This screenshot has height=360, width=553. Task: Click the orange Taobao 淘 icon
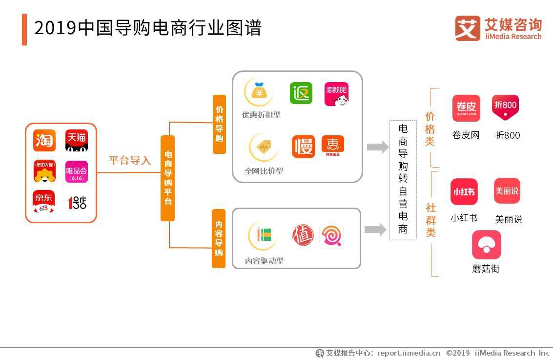point(44,140)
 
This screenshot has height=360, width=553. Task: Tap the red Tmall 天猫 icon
point(77,140)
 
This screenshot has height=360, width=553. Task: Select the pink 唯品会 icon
point(77,171)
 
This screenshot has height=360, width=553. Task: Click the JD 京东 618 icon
point(44,202)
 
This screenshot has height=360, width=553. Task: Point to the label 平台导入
point(129,161)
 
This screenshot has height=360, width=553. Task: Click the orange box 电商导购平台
point(167,178)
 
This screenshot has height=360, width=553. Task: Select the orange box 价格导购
point(219,124)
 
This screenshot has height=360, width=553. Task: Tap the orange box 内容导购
point(219,238)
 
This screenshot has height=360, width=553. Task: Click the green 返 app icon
point(301,93)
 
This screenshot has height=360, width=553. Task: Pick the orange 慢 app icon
point(304,147)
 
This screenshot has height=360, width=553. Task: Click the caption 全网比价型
point(264,171)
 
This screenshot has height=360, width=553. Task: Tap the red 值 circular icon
point(303,235)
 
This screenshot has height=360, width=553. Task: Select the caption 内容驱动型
point(264,261)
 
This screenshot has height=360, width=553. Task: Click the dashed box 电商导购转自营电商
point(403,179)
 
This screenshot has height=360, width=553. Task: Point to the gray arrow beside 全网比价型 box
point(377,147)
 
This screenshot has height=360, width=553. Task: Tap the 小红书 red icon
point(464,191)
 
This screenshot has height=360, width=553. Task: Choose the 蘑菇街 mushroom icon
point(486,245)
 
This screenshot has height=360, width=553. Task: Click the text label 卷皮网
point(466,135)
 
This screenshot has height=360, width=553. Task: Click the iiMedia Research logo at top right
point(498,28)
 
